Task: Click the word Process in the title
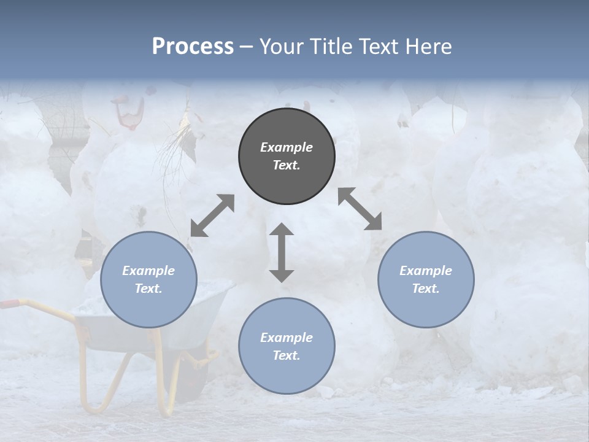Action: (193, 47)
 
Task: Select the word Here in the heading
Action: (429, 47)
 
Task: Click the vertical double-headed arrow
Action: (282, 252)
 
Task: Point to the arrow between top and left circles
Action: (212, 215)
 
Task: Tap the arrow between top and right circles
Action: (360, 209)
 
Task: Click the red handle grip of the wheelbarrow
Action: (9, 303)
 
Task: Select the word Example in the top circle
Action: (287, 147)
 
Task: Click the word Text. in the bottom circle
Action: (287, 355)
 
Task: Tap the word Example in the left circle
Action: (148, 271)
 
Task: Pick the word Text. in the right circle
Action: (426, 289)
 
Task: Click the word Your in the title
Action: (280, 47)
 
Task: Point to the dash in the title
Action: (247, 47)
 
